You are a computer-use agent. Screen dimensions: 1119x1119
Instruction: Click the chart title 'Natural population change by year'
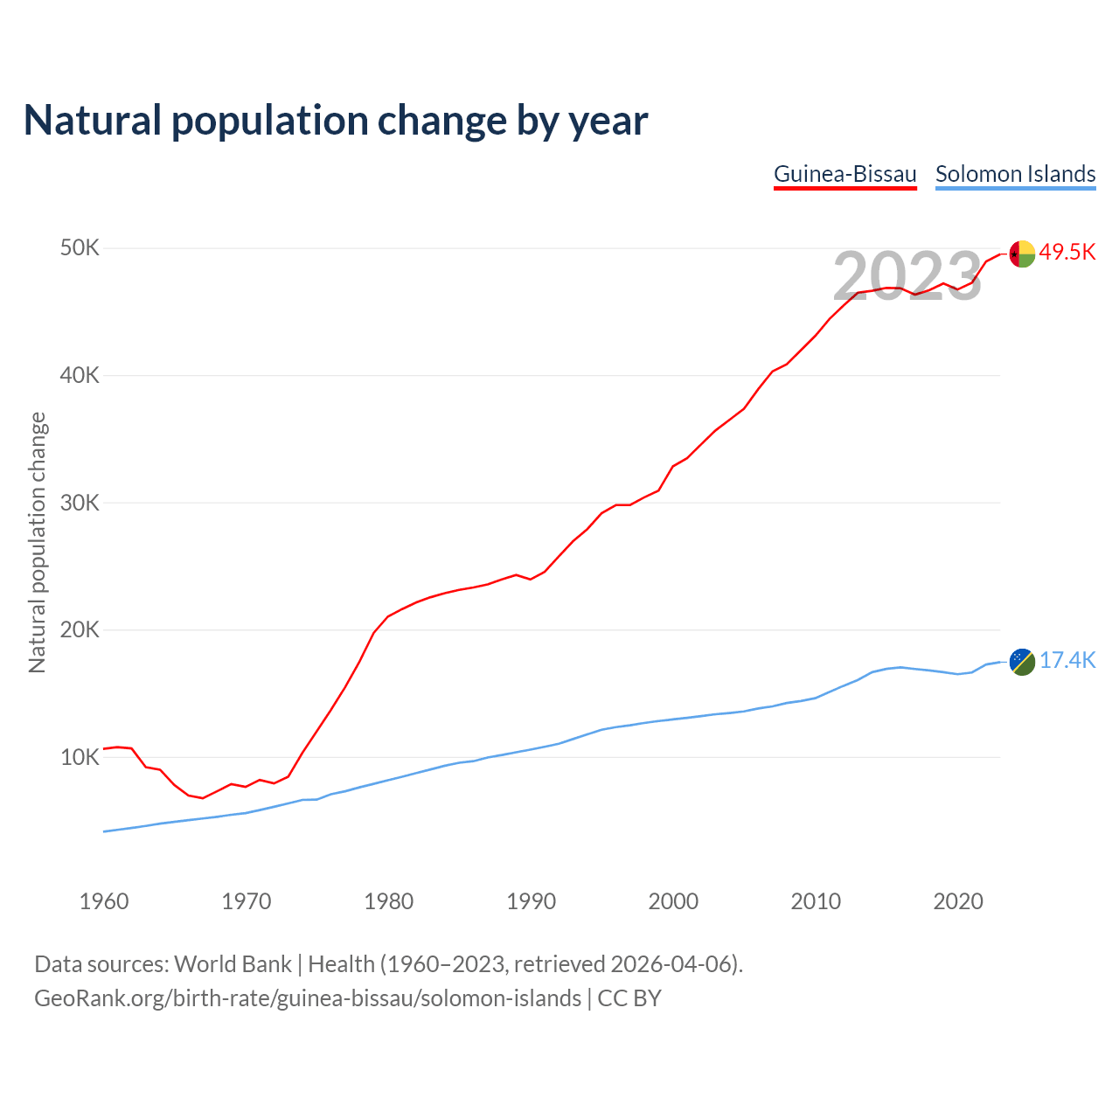click(336, 121)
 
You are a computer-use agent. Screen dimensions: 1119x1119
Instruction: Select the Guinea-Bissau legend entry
click(845, 174)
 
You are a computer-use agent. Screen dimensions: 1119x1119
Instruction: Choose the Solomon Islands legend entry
click(1015, 174)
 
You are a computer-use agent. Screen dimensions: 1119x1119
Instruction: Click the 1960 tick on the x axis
click(104, 901)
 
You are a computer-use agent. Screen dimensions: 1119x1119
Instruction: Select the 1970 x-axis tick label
click(247, 901)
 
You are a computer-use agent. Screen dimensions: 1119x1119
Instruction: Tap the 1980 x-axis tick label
click(389, 901)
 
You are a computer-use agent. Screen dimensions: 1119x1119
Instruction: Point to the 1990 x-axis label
click(532, 901)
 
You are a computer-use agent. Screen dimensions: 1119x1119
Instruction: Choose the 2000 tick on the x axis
click(673, 901)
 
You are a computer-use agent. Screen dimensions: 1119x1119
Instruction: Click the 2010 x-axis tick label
click(816, 901)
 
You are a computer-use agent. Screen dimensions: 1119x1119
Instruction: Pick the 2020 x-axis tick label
click(958, 901)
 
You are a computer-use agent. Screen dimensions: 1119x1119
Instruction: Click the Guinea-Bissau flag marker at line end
click(1022, 254)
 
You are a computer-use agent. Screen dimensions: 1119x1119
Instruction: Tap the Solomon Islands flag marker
click(1022, 662)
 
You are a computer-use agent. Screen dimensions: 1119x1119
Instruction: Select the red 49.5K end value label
click(1067, 253)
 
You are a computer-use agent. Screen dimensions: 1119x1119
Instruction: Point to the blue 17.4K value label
click(1067, 661)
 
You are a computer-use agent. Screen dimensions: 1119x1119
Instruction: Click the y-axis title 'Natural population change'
click(38, 542)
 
